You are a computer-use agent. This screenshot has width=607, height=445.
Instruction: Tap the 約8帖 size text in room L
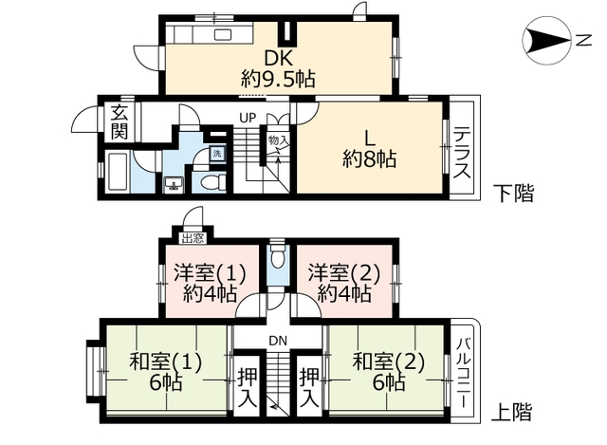[369, 159]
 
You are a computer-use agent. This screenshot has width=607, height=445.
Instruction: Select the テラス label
[462, 156]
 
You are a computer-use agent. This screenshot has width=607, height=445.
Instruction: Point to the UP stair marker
[247, 118]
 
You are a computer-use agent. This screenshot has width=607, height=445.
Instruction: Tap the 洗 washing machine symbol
[216, 153]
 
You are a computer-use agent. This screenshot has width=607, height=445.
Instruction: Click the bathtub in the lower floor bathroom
[117, 177]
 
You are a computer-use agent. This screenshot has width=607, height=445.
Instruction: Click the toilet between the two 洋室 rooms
[278, 257]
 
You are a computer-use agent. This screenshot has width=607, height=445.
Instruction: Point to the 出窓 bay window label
[193, 238]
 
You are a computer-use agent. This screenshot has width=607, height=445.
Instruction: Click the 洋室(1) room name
[209, 273]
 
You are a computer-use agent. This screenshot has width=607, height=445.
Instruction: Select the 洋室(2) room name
[342, 273]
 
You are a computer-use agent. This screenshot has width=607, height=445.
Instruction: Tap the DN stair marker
[278, 340]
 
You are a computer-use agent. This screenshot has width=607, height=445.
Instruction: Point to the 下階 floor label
[514, 194]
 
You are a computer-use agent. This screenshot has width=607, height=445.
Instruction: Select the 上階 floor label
[514, 413]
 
